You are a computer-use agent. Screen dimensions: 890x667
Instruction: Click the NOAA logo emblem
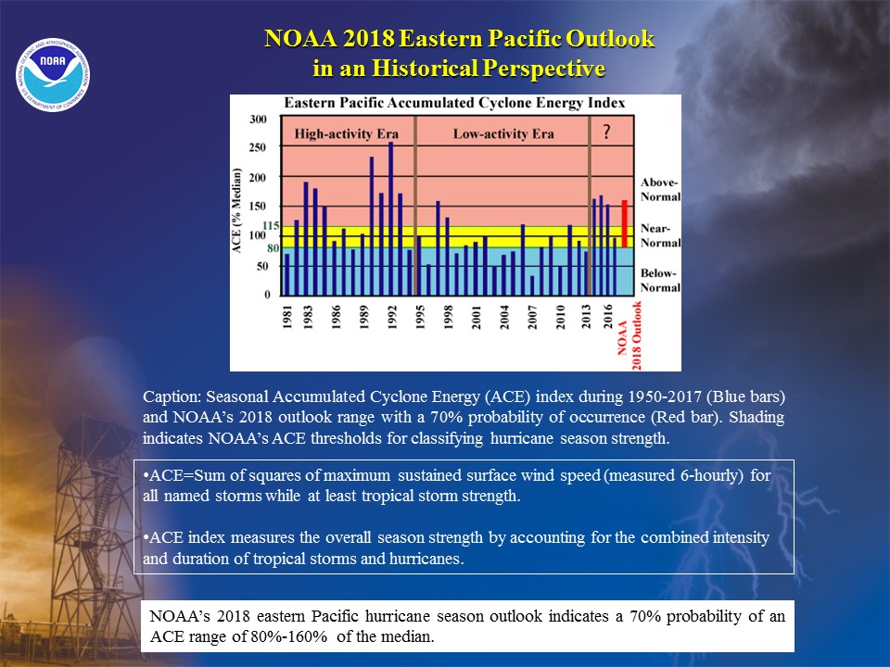click(x=53, y=74)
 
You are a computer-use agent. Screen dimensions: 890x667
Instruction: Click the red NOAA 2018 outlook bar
click(x=624, y=223)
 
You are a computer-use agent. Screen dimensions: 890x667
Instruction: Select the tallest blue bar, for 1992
click(x=390, y=219)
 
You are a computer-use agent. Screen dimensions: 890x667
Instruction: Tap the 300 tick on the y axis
click(x=258, y=120)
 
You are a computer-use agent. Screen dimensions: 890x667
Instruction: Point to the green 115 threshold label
click(x=271, y=226)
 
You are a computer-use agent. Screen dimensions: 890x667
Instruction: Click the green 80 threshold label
click(x=273, y=248)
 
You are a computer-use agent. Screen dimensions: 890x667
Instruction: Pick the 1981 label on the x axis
click(x=287, y=317)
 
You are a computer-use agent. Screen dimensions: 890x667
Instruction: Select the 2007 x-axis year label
click(x=532, y=317)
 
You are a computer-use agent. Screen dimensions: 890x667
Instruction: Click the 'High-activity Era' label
click(x=346, y=133)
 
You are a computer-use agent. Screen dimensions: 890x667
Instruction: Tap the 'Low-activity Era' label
click(x=503, y=133)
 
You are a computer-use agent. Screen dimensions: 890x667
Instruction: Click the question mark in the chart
click(x=606, y=132)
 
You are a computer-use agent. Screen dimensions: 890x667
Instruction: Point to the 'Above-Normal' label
click(x=660, y=189)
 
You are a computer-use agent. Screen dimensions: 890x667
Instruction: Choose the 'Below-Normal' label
click(x=660, y=280)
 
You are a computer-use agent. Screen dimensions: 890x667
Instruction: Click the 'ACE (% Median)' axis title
click(x=236, y=210)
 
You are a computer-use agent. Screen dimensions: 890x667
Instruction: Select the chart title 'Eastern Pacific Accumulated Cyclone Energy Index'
click(x=454, y=103)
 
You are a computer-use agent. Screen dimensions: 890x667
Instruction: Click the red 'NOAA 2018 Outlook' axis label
click(x=629, y=335)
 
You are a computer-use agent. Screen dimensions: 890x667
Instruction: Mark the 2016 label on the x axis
click(x=608, y=317)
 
